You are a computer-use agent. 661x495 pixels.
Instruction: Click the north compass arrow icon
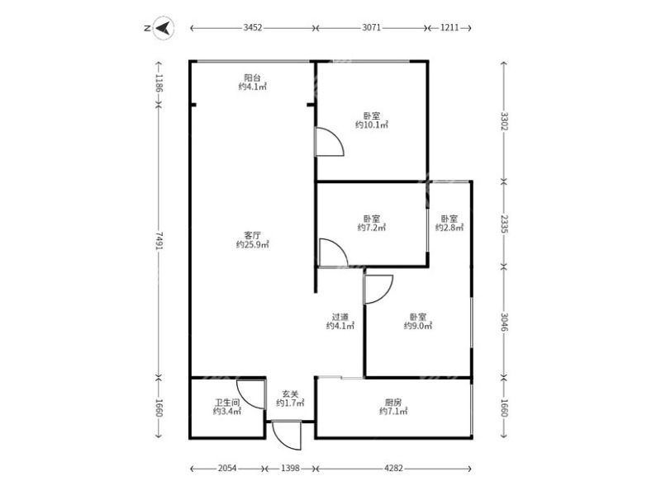click(x=164, y=28)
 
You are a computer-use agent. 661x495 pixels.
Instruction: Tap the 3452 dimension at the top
click(x=253, y=28)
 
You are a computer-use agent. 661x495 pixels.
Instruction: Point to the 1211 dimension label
click(x=449, y=28)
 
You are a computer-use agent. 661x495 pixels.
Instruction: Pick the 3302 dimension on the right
click(x=503, y=120)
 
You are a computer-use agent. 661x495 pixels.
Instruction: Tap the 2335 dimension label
click(x=503, y=223)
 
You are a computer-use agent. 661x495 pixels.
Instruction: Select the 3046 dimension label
click(x=503, y=321)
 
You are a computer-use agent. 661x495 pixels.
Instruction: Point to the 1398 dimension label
click(x=289, y=469)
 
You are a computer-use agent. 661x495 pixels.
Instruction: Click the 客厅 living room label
click(x=253, y=234)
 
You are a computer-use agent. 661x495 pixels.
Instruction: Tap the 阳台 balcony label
click(x=253, y=77)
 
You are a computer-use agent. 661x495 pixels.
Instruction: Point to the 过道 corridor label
click(x=340, y=316)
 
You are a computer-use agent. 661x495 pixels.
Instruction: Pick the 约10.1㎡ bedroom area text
click(x=372, y=125)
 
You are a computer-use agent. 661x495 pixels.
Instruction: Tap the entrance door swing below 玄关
click(x=285, y=431)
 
